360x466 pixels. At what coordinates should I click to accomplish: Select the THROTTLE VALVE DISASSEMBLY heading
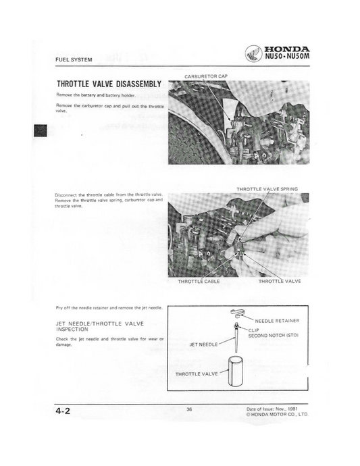coord(109,84)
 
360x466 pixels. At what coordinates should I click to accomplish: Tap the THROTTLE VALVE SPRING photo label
coord(267,188)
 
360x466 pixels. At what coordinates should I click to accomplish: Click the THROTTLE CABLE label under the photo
coord(199,281)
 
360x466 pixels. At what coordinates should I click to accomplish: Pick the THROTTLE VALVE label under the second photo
coord(280,281)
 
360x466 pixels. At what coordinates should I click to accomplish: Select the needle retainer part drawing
coord(236,311)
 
